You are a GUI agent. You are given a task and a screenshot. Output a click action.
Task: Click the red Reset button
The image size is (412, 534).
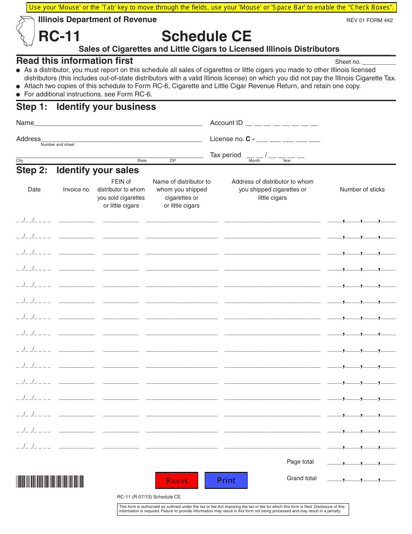click(x=177, y=480)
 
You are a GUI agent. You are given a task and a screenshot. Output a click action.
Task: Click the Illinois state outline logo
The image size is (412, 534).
click(x=25, y=31)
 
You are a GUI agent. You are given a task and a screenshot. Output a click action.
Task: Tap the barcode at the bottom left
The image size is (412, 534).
click(x=50, y=481)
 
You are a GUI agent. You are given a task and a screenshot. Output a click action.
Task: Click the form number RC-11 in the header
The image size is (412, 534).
click(x=59, y=36)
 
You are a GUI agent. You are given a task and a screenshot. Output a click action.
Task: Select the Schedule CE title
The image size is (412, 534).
click(x=206, y=36)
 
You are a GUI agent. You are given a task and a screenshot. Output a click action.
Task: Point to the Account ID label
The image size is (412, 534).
click(x=226, y=123)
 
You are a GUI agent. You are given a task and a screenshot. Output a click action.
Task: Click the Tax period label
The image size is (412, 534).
click(x=225, y=155)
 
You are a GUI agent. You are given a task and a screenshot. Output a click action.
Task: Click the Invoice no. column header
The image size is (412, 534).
click(x=76, y=190)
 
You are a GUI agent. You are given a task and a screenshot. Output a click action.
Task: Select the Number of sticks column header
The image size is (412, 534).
click(x=362, y=190)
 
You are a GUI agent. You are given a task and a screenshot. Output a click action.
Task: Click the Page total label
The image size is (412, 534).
click(x=300, y=462)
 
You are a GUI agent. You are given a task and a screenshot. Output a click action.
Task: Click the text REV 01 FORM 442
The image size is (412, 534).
click(x=369, y=20)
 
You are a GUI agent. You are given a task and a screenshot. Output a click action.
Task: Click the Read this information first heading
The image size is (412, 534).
click(x=75, y=61)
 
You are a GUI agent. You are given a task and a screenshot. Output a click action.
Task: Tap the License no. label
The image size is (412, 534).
click(x=227, y=139)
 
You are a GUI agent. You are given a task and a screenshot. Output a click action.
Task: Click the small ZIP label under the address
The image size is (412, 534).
click(x=173, y=161)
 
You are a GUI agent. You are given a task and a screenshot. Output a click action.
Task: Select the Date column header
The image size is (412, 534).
click(x=34, y=190)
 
